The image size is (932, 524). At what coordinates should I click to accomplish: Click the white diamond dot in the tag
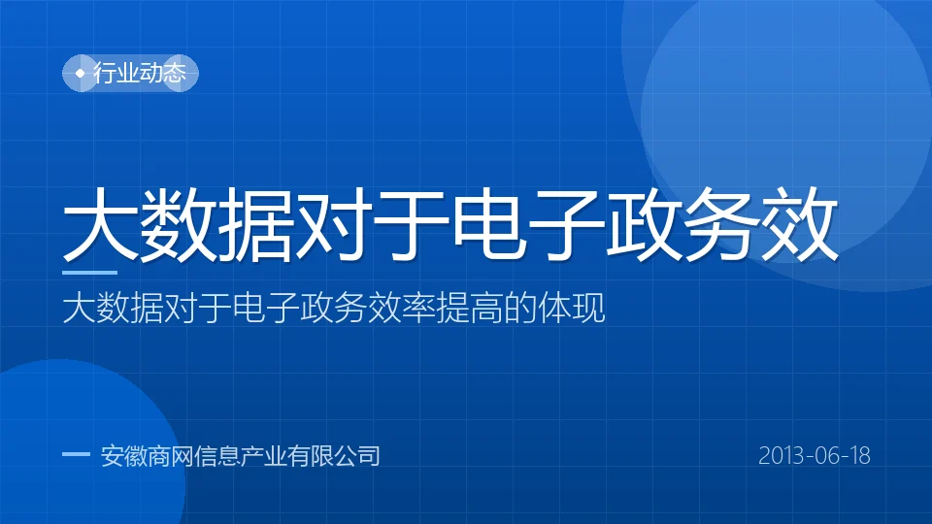[x=81, y=73]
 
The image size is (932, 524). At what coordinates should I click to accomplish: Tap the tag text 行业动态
[x=140, y=73]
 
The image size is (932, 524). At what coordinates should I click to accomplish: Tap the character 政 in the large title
[x=644, y=223]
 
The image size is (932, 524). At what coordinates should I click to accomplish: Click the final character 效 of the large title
[x=799, y=223]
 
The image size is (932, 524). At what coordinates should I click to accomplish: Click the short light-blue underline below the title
[x=89, y=273]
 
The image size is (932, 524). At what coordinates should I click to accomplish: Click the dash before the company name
[x=76, y=454]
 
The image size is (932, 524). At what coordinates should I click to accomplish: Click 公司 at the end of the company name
[x=356, y=456]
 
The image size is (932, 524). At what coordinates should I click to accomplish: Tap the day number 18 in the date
[x=859, y=456]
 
